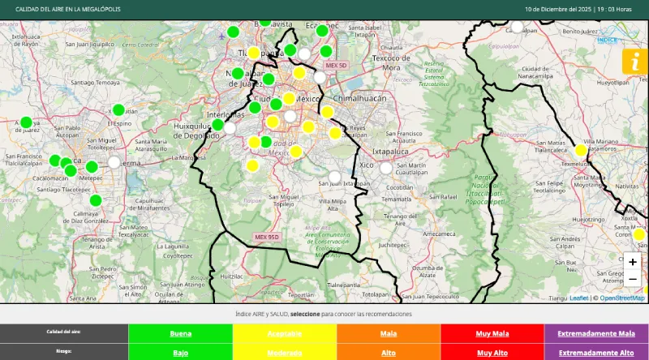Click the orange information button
pyautogui.click(x=634, y=62)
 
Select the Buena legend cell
pyautogui.click(x=181, y=333)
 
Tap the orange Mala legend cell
pyautogui.click(x=389, y=333)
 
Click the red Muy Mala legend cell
pyautogui.click(x=492, y=333)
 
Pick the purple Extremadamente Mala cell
pyautogui.click(x=596, y=333)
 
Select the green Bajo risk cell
pyautogui.click(x=181, y=353)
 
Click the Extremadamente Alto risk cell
pyautogui.click(x=596, y=353)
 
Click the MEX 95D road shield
pyautogui.click(x=266, y=237)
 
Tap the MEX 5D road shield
pyautogui.click(x=335, y=65)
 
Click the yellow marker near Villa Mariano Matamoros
pyautogui.click(x=581, y=150)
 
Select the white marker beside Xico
pyautogui.click(x=386, y=169)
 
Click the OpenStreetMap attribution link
pyautogui.click(x=622, y=298)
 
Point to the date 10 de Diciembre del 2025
pyautogui.click(x=557, y=9)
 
